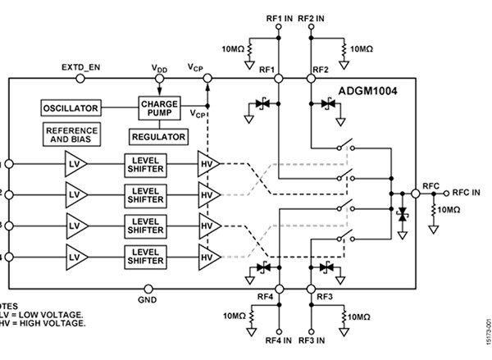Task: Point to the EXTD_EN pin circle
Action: click(x=80, y=78)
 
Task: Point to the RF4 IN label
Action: click(x=277, y=339)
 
